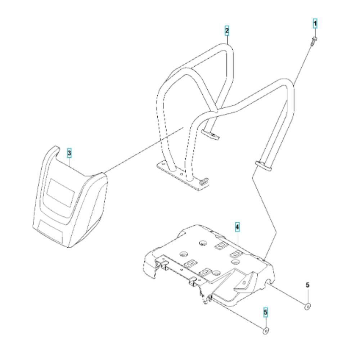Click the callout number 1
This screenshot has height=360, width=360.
[315, 23]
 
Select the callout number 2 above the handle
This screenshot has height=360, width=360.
[227, 31]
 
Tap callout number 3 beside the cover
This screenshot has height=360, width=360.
[69, 153]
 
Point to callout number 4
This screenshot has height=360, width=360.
[237, 227]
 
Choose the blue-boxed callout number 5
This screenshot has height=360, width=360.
[266, 312]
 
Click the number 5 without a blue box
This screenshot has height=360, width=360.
[307, 285]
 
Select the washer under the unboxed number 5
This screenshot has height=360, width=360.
[307, 306]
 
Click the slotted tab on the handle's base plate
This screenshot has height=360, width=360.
[204, 181]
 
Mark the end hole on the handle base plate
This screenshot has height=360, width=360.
[163, 165]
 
